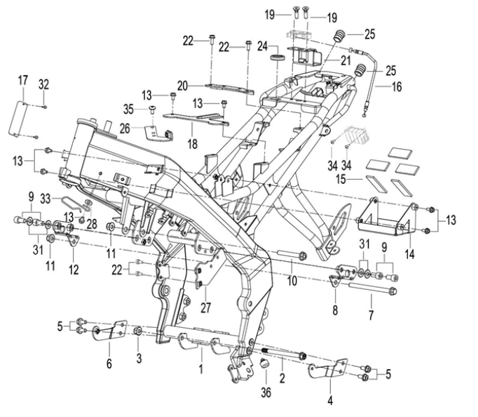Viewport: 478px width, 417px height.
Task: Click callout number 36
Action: click(x=266, y=392)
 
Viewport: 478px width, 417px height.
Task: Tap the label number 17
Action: click(x=23, y=81)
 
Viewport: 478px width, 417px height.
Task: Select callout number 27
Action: click(x=205, y=307)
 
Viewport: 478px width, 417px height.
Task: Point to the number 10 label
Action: click(x=292, y=281)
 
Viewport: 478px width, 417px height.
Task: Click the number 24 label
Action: click(x=262, y=47)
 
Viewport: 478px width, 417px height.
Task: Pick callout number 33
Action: click(x=46, y=199)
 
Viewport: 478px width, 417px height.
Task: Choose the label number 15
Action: click(x=341, y=179)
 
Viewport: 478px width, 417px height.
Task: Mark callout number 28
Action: click(x=91, y=225)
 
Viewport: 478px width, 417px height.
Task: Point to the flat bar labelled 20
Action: click(x=229, y=89)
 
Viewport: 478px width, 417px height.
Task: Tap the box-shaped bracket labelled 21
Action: click(x=306, y=57)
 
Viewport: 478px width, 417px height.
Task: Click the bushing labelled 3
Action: click(x=138, y=331)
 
